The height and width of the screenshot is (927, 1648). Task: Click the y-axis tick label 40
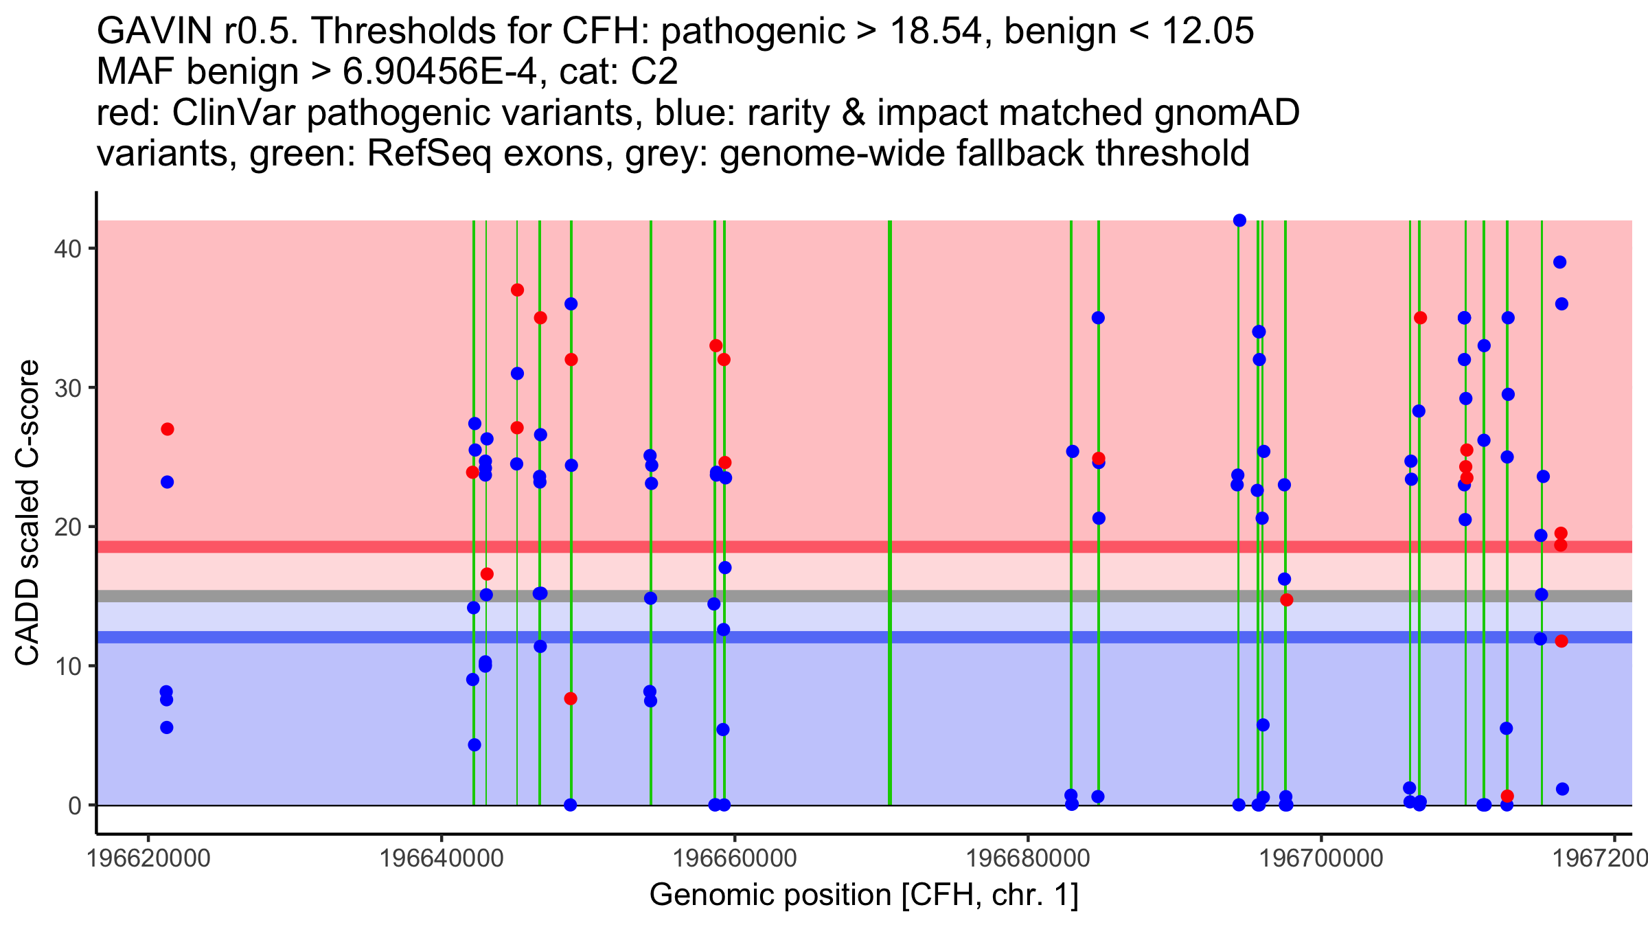tap(67, 249)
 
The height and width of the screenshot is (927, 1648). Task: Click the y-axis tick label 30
tap(67, 388)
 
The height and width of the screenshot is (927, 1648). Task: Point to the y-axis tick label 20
tap(67, 527)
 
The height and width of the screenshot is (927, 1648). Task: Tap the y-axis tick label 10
tap(67, 666)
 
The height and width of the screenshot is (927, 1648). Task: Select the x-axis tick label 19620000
tap(148, 858)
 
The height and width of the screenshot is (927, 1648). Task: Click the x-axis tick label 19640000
tap(442, 858)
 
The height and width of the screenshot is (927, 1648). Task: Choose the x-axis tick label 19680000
tap(1028, 858)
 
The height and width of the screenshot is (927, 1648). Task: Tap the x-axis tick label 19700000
tap(1320, 858)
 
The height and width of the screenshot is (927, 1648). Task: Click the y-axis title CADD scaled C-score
tap(27, 513)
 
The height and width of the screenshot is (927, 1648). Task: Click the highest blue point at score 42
tap(1239, 220)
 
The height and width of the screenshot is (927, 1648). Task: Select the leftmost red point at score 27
tap(168, 429)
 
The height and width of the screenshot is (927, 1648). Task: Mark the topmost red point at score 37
tap(517, 290)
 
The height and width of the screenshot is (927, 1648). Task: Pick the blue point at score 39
tap(1559, 262)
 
